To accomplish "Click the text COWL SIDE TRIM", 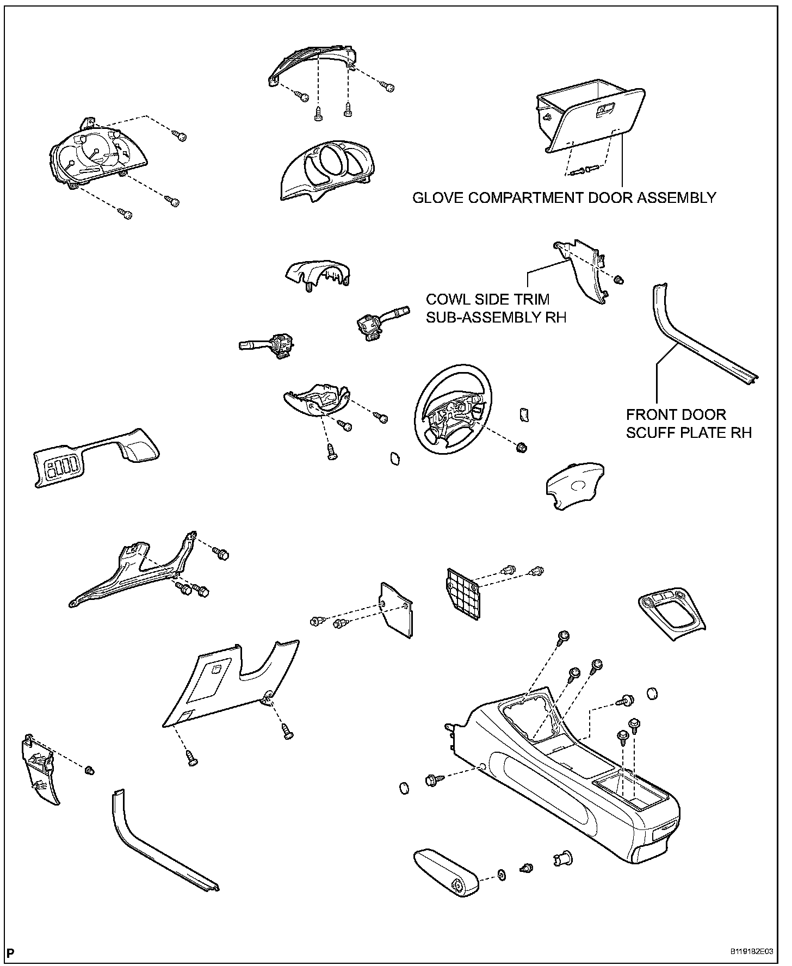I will click(487, 299).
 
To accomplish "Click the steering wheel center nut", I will click(522, 448).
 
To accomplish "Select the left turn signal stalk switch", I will click(267, 345).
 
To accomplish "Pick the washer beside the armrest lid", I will click(501, 875).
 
